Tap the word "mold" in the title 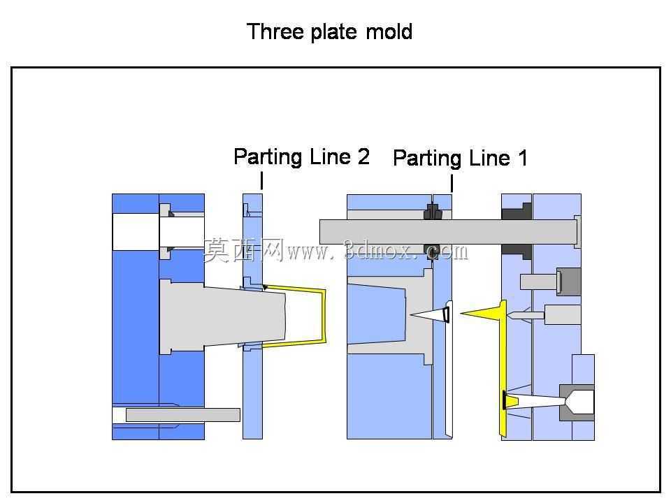point(389,31)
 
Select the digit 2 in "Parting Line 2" point(363,156)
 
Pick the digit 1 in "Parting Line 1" point(523,158)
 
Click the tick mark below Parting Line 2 point(261,180)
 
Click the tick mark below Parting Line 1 point(452,184)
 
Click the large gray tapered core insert point(222,316)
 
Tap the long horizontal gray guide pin point(448,232)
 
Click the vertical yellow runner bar point(503,369)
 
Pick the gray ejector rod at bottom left point(182,415)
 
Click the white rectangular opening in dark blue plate point(136,232)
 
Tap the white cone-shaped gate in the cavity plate point(430,315)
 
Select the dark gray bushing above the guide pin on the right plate point(517,211)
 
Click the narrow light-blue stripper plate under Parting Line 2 point(252,316)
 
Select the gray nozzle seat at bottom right point(577,402)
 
